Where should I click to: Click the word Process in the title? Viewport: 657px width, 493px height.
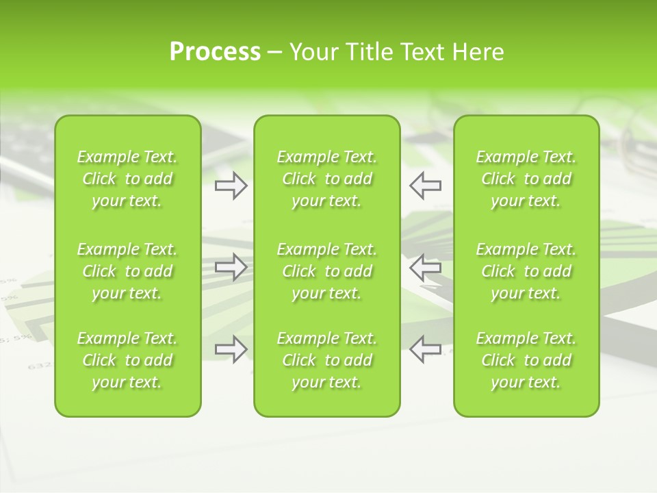[x=215, y=52]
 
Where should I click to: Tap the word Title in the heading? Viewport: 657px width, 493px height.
[x=369, y=52]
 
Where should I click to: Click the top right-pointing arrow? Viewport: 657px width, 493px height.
[x=231, y=185]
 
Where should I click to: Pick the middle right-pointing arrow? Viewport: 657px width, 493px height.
[x=231, y=267]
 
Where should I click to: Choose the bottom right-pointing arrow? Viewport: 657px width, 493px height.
[x=231, y=349]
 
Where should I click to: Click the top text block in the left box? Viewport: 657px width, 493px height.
[x=127, y=179]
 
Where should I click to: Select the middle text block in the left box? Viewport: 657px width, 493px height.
[x=127, y=271]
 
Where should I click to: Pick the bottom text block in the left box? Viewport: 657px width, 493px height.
[x=127, y=360]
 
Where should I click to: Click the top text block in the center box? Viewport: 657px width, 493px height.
[x=326, y=179]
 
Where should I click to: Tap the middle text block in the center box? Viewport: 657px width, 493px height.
[x=326, y=271]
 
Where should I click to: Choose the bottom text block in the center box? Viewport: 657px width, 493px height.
[x=326, y=360]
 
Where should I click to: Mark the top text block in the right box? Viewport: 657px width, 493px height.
[x=526, y=179]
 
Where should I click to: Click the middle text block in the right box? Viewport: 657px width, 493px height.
[x=526, y=271]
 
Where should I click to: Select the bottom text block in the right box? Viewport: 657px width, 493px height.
[x=526, y=360]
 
